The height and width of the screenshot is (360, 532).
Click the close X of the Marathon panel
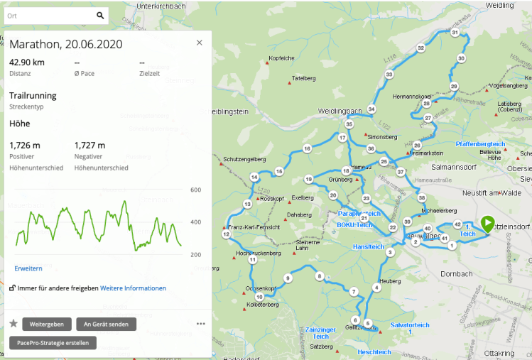(200, 43)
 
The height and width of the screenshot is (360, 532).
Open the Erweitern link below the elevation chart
(28, 268)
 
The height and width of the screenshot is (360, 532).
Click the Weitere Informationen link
(133, 288)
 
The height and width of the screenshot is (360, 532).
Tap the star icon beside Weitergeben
(13, 324)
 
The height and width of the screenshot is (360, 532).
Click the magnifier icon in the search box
(100, 15)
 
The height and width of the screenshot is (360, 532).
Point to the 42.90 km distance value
(27, 62)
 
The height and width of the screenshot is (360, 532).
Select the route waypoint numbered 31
(455, 33)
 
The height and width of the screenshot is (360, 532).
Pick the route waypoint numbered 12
(226, 234)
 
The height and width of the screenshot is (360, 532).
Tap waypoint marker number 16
(307, 148)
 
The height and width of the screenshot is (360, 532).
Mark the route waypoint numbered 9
(288, 278)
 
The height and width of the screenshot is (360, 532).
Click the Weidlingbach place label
(340, 111)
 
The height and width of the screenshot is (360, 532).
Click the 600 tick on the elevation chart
(196, 190)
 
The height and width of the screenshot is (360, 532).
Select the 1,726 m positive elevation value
(25, 146)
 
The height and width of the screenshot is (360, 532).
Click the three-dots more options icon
(201, 324)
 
